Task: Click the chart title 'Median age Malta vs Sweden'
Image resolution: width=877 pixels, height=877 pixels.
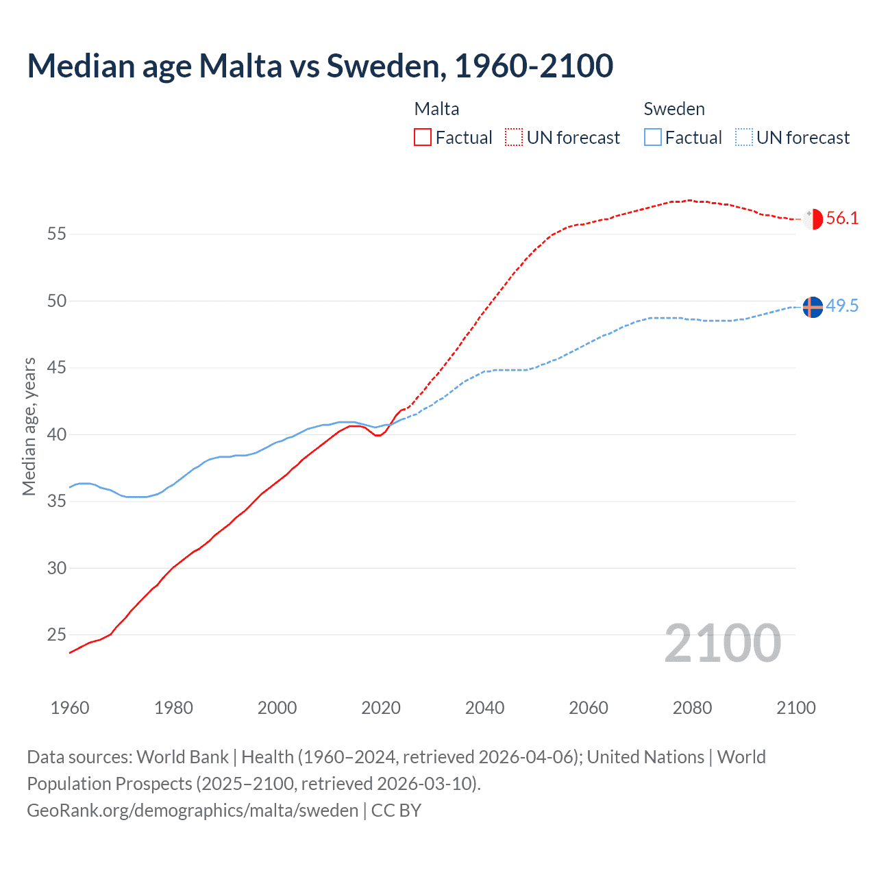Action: pyautogui.click(x=319, y=66)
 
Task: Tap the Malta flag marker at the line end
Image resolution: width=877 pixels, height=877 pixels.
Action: pyautogui.click(x=813, y=219)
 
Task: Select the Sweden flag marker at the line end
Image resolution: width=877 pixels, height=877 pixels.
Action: pyautogui.click(x=813, y=308)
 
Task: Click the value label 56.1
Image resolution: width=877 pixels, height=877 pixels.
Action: pyautogui.click(x=842, y=219)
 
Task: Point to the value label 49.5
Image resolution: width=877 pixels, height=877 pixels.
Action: pyautogui.click(x=842, y=306)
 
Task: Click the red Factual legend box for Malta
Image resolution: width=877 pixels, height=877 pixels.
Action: pyautogui.click(x=423, y=138)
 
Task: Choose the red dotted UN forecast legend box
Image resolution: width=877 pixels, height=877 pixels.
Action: pyautogui.click(x=514, y=138)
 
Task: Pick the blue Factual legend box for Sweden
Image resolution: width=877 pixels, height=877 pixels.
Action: pyautogui.click(x=653, y=138)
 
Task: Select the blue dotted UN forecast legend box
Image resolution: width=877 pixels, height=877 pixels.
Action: pyautogui.click(x=743, y=138)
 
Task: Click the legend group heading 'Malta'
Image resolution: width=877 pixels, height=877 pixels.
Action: pyautogui.click(x=436, y=109)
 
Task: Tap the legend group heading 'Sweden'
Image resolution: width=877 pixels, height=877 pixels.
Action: pyautogui.click(x=674, y=109)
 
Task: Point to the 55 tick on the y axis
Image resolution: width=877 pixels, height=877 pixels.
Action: pyautogui.click(x=57, y=234)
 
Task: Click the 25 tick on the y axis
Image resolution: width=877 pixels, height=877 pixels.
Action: pyautogui.click(x=57, y=635)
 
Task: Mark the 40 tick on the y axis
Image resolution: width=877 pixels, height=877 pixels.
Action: pyautogui.click(x=57, y=434)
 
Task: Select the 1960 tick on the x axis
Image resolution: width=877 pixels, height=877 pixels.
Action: pyautogui.click(x=70, y=708)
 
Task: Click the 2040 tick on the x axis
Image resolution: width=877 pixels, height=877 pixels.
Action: pyautogui.click(x=484, y=708)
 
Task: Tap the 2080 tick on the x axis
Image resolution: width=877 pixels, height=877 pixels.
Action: pyautogui.click(x=692, y=708)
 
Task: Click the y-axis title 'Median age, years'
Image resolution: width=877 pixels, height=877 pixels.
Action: pyautogui.click(x=29, y=426)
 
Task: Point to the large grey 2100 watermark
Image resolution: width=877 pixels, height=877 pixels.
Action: pyautogui.click(x=722, y=643)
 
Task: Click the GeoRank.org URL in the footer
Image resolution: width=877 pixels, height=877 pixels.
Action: pyautogui.click(x=192, y=811)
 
